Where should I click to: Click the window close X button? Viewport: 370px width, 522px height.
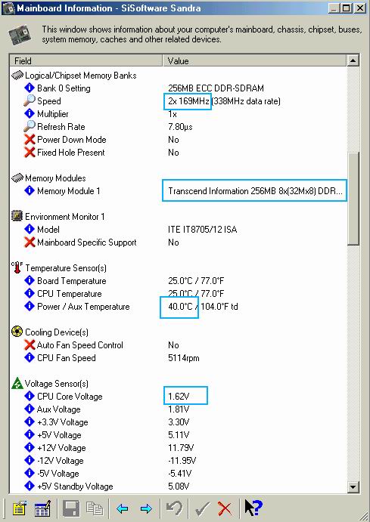(x=360, y=8)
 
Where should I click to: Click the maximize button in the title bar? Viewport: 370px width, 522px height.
(x=347, y=8)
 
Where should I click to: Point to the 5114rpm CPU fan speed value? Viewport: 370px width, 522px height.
(x=184, y=358)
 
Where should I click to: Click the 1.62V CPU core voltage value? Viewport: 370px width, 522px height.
(x=179, y=397)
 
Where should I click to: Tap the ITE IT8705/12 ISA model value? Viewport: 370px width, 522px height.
(x=202, y=230)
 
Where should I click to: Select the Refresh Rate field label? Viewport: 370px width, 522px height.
(x=61, y=127)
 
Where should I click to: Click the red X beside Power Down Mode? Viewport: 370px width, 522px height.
(x=30, y=140)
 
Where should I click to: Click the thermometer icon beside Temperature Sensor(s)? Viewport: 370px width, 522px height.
(x=17, y=267)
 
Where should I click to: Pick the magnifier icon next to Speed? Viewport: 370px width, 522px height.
(x=30, y=100)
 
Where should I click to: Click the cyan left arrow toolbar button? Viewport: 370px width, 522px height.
(x=123, y=508)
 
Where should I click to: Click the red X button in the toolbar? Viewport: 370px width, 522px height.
(x=225, y=508)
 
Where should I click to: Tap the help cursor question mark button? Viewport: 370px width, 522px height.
(x=253, y=508)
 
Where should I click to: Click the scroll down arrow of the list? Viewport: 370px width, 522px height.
(x=353, y=487)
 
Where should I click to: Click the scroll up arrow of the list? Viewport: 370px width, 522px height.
(x=353, y=60)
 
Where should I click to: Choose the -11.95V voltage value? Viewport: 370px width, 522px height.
(x=182, y=461)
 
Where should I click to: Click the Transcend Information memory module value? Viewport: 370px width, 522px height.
(x=255, y=191)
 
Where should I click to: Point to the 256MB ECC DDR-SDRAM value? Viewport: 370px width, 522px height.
(x=216, y=88)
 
